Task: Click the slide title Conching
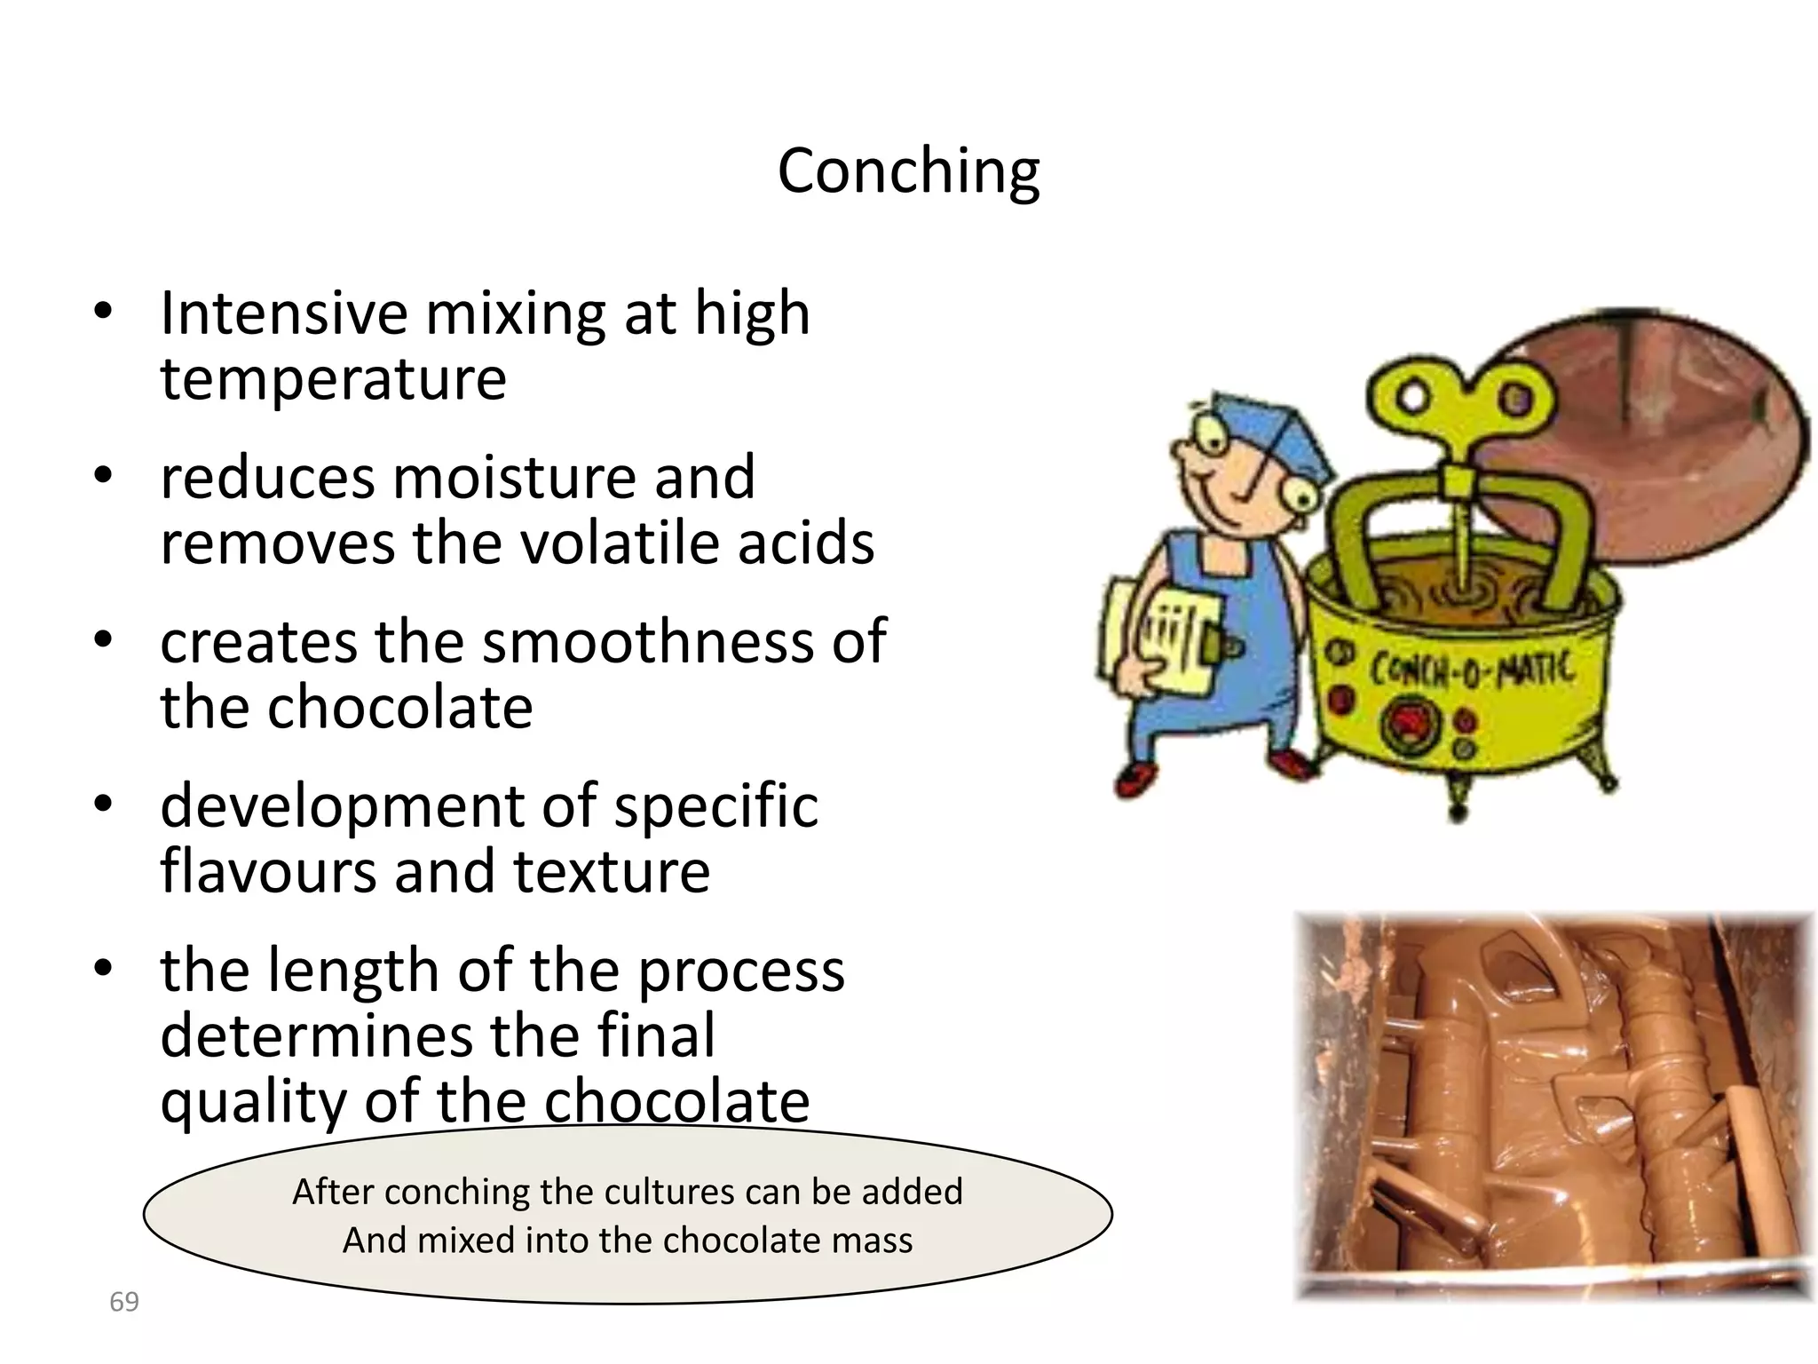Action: coord(908,170)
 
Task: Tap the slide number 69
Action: coord(124,1302)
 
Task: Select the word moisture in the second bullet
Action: coord(515,478)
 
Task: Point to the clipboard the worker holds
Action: coord(1154,635)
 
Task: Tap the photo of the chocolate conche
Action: coord(1553,1106)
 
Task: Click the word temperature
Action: coord(333,379)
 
